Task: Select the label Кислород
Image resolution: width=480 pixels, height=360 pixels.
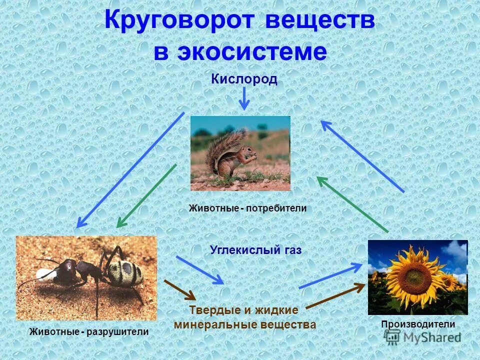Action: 243,79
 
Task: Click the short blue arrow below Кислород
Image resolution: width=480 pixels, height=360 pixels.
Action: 243,98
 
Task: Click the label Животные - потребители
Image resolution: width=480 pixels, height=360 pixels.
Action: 247,208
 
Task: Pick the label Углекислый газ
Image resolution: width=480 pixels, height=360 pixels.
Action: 255,250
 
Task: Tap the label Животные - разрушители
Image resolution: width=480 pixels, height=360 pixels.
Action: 89,331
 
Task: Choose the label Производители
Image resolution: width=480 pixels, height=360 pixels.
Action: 418,324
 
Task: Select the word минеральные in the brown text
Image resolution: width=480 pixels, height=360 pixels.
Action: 215,324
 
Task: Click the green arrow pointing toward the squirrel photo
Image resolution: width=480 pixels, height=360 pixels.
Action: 352,204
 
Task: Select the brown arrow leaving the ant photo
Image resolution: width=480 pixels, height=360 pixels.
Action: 179,288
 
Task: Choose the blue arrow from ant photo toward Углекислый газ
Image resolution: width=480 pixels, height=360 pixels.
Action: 199,269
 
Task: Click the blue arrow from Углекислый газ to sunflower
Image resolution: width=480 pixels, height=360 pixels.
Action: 330,276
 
